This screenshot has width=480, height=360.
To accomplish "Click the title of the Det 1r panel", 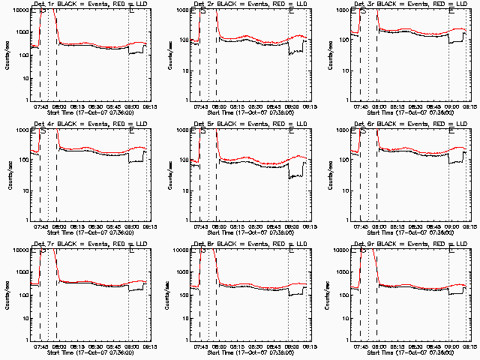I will (x=88, y=4).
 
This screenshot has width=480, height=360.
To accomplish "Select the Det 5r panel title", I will (x=248, y=124).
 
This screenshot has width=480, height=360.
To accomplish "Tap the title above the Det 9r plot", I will (x=408, y=244).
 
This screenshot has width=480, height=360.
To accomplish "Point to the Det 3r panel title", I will (x=408, y=4).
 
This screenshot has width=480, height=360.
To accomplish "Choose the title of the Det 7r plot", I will (x=88, y=244).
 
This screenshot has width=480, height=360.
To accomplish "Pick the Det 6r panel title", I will (x=408, y=124).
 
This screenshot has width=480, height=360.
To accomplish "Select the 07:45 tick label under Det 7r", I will (x=40, y=346).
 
